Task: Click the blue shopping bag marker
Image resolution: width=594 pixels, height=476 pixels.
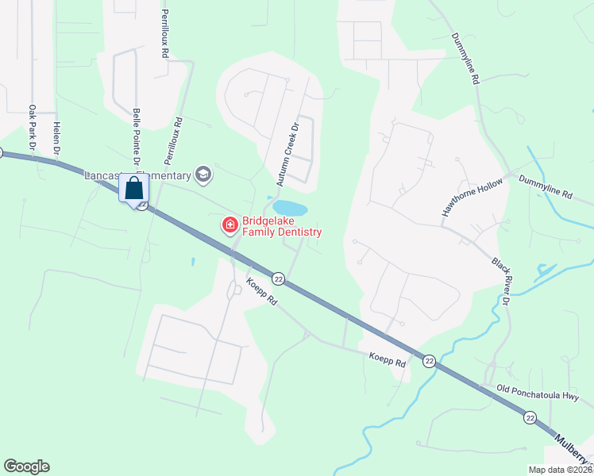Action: click(133, 189)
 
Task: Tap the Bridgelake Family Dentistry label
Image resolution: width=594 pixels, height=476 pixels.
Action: click(282, 226)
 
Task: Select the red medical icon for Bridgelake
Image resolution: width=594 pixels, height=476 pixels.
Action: click(230, 226)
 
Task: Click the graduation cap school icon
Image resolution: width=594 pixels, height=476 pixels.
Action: click(204, 175)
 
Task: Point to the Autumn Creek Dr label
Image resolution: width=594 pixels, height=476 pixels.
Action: click(287, 155)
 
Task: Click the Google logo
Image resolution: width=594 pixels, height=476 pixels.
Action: click(26, 466)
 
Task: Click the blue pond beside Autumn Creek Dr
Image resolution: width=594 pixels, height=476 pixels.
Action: click(290, 207)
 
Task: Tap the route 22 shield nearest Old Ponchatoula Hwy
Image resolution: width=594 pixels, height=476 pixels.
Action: click(529, 416)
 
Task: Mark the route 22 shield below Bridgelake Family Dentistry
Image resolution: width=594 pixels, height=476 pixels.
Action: click(278, 278)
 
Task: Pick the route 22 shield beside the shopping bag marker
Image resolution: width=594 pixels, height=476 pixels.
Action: click(141, 205)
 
